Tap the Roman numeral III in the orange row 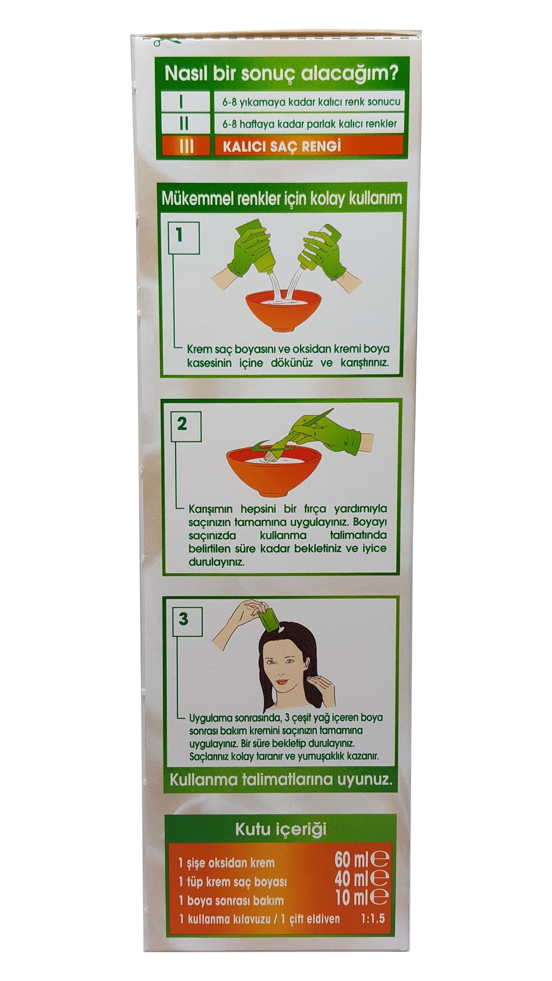click(x=185, y=147)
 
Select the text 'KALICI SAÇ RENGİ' click(x=282, y=147)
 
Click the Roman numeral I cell click(x=182, y=102)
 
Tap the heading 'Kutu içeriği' click(x=280, y=829)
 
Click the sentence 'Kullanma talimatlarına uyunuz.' click(x=281, y=779)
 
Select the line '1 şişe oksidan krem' click(x=226, y=863)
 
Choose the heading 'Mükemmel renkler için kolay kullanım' click(x=282, y=199)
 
